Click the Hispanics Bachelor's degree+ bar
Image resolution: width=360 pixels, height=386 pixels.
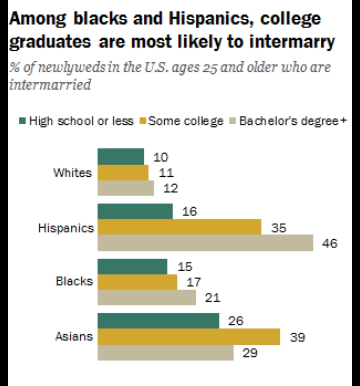(205, 243)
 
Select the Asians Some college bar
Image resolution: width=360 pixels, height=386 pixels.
(189, 337)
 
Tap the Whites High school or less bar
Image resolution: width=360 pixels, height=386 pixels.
(121, 157)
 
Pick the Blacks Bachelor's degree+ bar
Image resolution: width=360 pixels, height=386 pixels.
(147, 297)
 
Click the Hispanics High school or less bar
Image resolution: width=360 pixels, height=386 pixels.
(135, 211)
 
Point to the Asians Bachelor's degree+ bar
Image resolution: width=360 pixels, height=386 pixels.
(165, 352)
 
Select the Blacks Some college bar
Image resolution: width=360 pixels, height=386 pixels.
(137, 282)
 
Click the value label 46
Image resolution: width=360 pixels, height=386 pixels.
(329, 244)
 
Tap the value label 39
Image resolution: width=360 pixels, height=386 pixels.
(297, 337)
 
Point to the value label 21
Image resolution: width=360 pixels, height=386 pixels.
(212, 297)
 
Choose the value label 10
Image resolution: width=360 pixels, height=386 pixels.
(161, 157)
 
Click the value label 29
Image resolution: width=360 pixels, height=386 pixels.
(250, 353)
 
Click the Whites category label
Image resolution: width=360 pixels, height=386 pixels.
(72, 173)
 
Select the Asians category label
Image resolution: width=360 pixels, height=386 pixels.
(74, 336)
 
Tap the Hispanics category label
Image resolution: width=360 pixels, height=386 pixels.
(66, 228)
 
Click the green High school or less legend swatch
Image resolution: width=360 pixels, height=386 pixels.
(23, 121)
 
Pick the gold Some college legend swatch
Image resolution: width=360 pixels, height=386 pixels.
(144, 121)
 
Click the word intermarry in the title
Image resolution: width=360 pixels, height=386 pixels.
(292, 42)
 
